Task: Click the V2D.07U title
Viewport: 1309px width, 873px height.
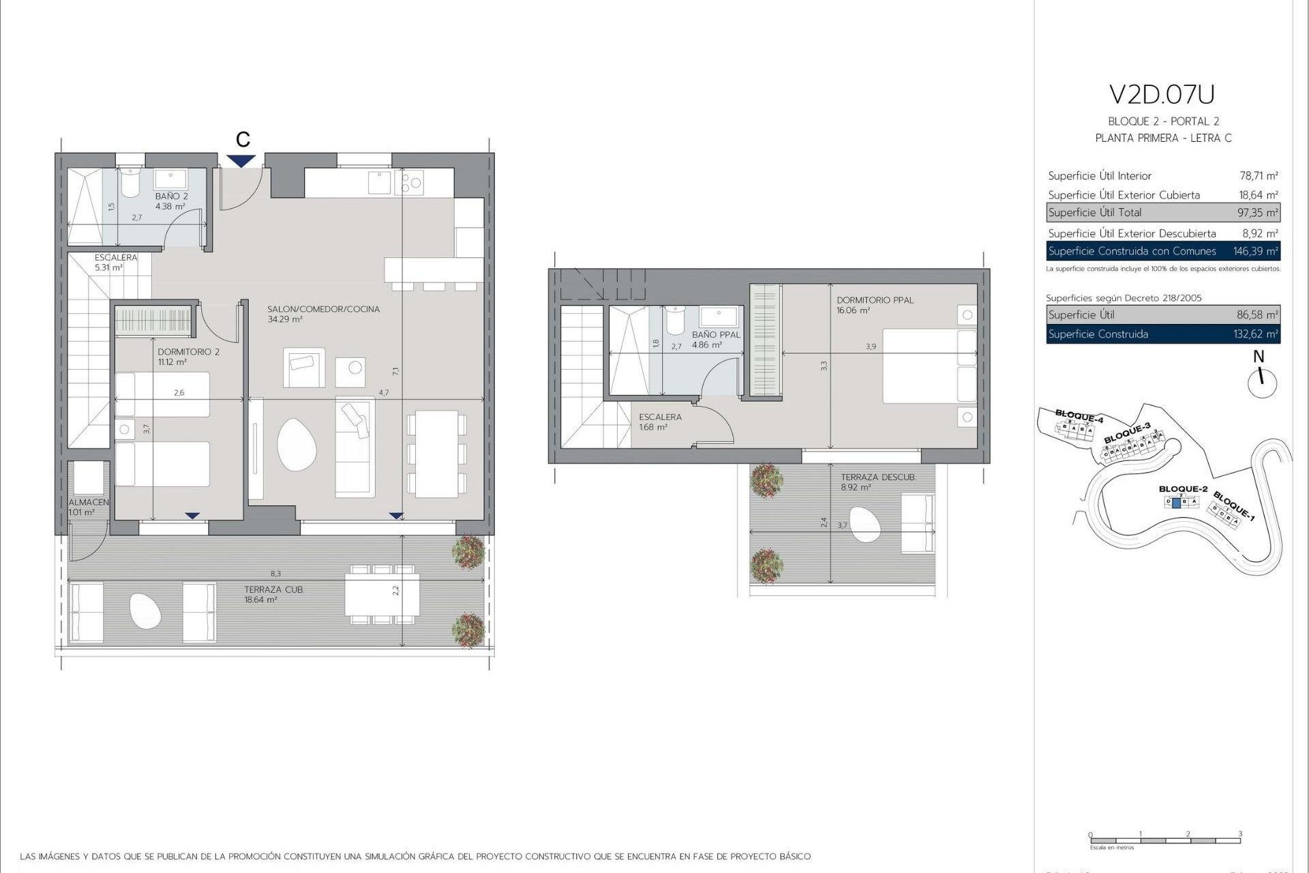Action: pos(1162,95)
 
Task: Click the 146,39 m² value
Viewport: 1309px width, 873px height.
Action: pos(1255,251)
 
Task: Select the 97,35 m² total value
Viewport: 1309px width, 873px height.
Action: pos(1257,213)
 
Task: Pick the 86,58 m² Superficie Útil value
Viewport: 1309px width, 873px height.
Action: pos(1257,315)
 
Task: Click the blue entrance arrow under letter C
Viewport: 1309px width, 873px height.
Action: pos(242,161)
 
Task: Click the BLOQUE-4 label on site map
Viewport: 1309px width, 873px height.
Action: pos(1079,415)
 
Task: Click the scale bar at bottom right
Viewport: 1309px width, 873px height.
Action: pos(1164,840)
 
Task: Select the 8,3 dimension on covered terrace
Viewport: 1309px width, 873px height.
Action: pos(275,574)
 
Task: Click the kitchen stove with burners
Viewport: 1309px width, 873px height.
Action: pos(412,183)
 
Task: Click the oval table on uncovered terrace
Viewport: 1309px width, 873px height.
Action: pos(864,524)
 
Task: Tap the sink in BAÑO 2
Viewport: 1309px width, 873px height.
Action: pos(170,179)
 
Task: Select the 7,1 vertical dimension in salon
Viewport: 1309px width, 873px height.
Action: pos(395,371)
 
